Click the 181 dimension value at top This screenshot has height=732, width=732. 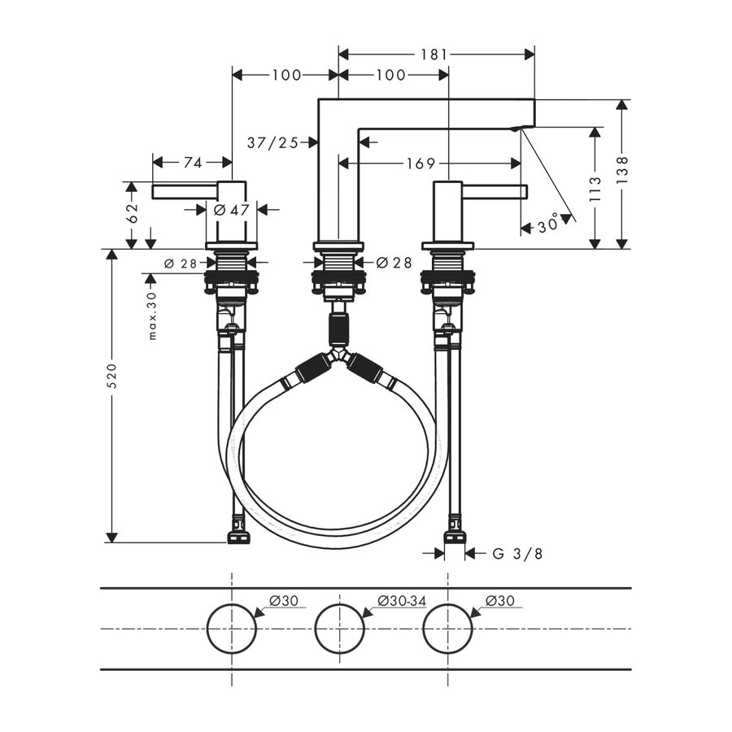[435, 54]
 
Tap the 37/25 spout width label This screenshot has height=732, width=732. [272, 142]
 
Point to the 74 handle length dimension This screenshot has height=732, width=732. [192, 163]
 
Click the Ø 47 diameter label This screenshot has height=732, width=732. [231, 210]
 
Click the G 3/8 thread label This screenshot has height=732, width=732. [517, 554]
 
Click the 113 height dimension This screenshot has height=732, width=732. [595, 189]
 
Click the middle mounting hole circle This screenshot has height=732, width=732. [339, 629]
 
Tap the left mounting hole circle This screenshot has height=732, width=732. [232, 629]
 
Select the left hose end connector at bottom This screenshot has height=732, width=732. [237, 537]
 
